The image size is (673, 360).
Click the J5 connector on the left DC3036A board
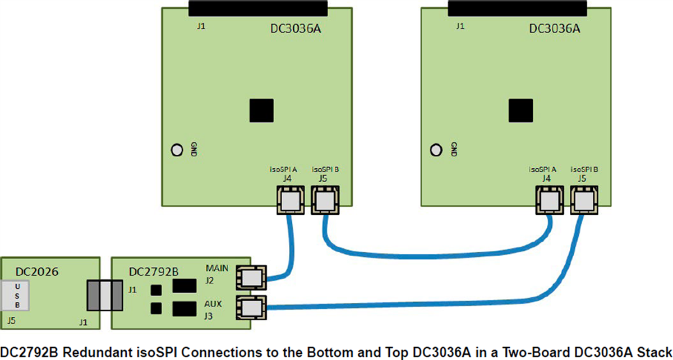[324, 200]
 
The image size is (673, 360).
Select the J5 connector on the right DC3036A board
[584, 200]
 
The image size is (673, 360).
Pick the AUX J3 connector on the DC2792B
[250, 308]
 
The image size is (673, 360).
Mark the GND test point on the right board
[436, 150]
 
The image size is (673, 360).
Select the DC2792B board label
[154, 272]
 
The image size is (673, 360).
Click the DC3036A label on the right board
[554, 29]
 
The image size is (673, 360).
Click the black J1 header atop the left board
[258, 8]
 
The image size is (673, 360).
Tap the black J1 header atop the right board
[517, 8]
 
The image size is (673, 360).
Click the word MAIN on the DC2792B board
[217, 268]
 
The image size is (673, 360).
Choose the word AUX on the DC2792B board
[214, 303]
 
